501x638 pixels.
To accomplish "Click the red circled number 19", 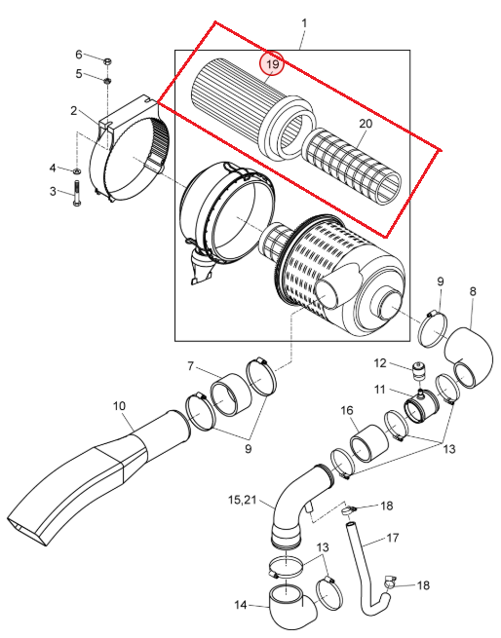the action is pos(272,63).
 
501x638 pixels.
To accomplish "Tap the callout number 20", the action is pos(366,124).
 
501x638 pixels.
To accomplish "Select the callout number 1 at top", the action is pos(304,23).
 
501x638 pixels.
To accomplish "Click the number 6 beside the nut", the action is pos(79,55).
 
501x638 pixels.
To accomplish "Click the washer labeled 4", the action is pos(77,170).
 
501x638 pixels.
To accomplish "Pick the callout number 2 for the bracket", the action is pos(74,110).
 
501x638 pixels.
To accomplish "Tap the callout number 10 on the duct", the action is pos(119,405).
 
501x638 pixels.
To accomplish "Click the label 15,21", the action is pos(243,500).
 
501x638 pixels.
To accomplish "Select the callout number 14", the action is pos(241,605).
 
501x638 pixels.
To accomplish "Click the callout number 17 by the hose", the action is pos(392,538).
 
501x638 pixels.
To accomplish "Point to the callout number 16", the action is pos(347,410).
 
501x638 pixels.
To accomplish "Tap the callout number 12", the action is pos(379,363).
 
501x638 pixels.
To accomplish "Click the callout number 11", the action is pos(379,390).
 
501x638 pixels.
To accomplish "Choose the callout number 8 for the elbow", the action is pos(473,291).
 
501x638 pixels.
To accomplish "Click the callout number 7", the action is pos(190,366).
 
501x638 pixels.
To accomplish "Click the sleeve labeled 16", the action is pos(368,443).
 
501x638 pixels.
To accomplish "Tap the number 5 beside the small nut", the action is pos(79,74).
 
